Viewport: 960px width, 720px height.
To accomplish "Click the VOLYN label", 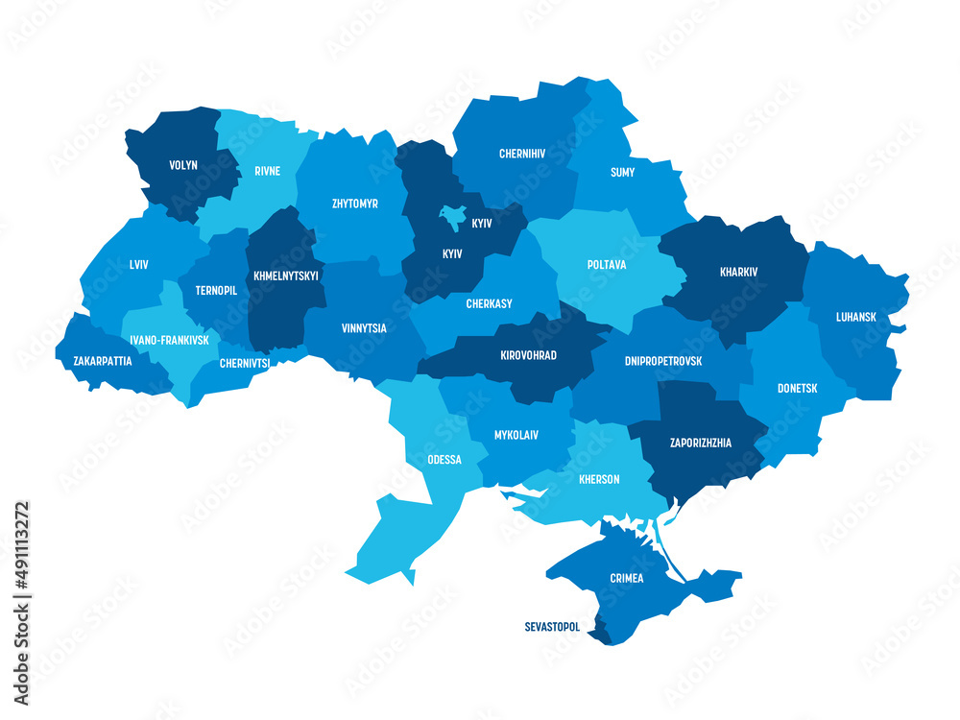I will (183, 165).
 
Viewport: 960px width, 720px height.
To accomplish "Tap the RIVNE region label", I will (268, 172).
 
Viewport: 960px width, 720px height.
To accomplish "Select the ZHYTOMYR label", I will (354, 204).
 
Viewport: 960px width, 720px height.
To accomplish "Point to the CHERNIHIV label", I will (522, 154).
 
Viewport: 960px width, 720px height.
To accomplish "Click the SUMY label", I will (622, 173).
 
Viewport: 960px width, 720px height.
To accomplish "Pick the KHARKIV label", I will (738, 272).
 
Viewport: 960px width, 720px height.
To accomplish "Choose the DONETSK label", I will (797, 389).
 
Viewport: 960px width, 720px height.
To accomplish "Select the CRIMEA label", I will (626, 578).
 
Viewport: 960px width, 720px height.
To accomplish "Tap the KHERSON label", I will (599, 479).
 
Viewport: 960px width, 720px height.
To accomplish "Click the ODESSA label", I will (444, 460).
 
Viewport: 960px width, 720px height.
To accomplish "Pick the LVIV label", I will (138, 264).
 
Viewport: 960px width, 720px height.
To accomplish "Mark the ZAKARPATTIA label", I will (103, 362).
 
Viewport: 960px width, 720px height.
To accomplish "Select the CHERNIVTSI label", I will (244, 363).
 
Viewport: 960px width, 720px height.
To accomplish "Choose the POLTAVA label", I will (607, 264).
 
